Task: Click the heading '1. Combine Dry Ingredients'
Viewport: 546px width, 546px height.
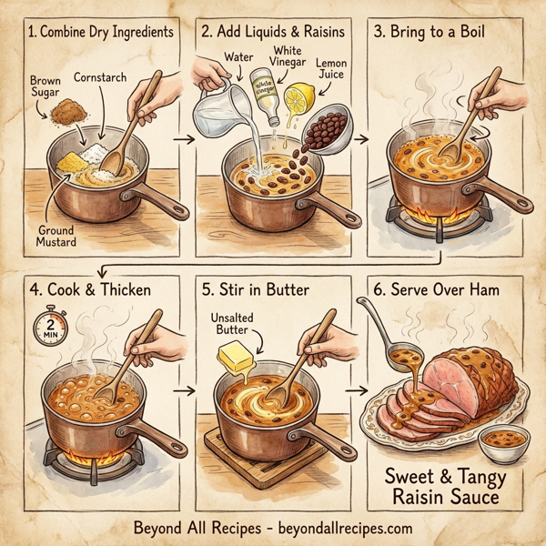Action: tap(99, 32)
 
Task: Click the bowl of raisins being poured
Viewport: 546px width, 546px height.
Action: tap(324, 128)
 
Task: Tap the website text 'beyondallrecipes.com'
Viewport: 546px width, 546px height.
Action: tap(336, 528)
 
